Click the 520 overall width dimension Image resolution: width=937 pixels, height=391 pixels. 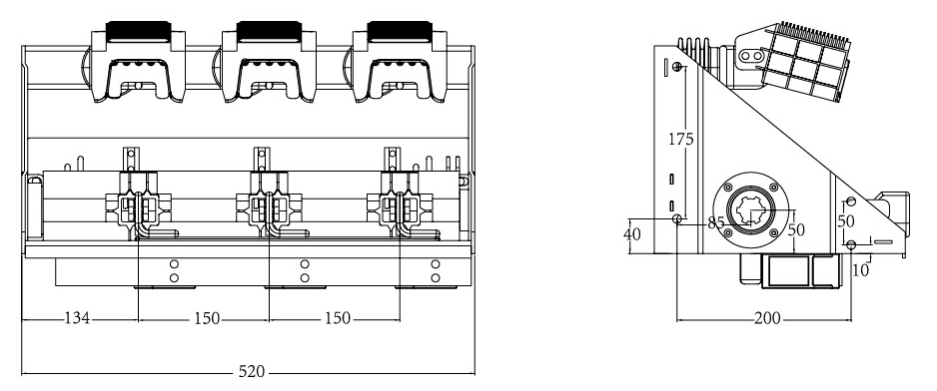[251, 371]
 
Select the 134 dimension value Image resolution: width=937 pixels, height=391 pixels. [77, 319]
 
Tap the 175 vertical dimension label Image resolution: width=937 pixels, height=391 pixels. [680, 139]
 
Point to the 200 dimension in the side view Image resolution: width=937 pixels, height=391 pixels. [767, 319]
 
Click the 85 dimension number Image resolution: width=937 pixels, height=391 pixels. [716, 223]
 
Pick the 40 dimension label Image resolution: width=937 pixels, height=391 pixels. [631, 234]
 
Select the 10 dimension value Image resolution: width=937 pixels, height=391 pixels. [860, 270]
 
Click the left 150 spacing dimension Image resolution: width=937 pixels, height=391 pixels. [207, 319]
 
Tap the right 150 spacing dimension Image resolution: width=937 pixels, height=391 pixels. [337, 319]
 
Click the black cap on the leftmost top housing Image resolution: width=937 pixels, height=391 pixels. [138, 32]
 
